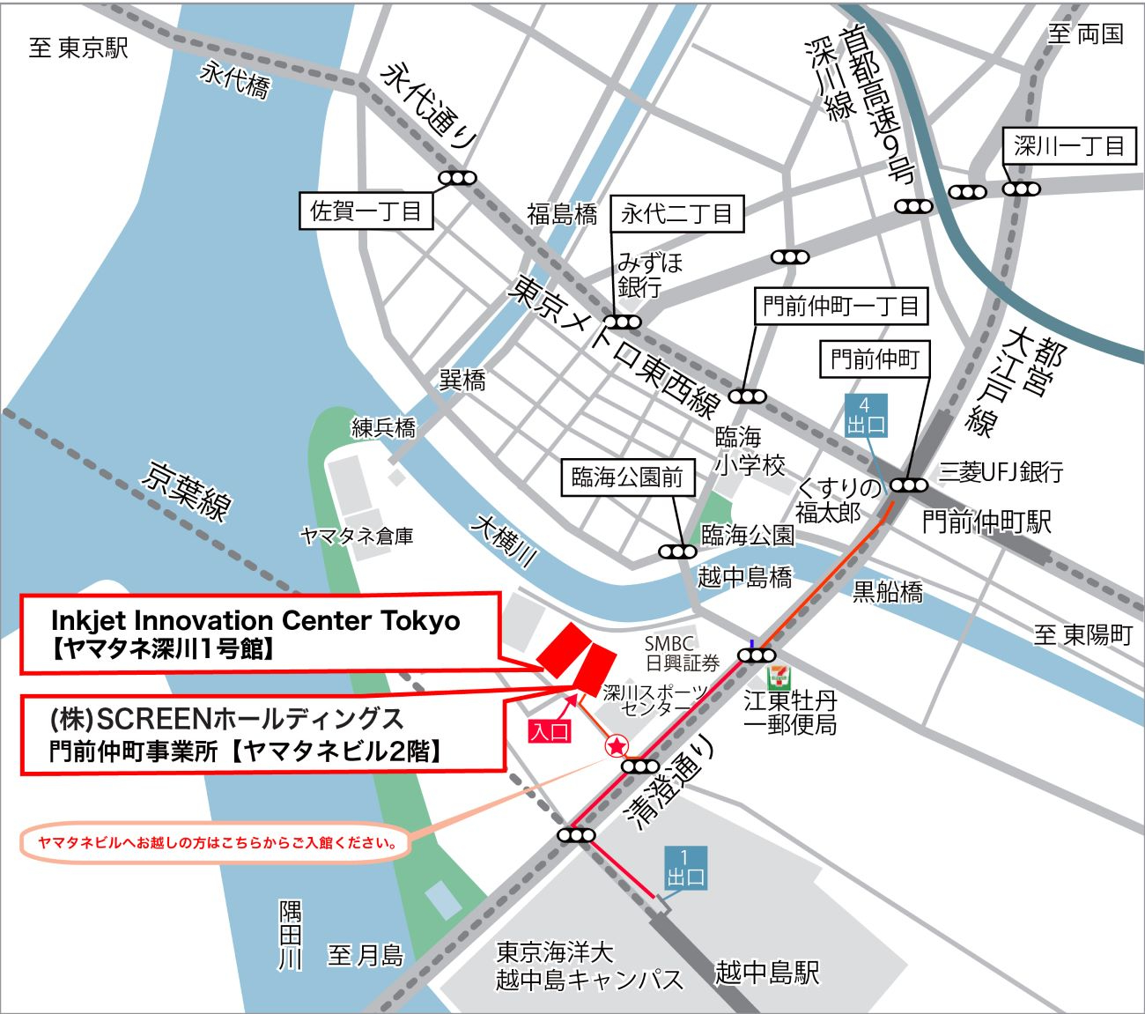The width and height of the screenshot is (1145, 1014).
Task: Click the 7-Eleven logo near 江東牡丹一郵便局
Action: pyautogui.click(x=778, y=677)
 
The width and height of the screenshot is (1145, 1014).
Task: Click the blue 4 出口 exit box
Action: pyautogui.click(x=865, y=416)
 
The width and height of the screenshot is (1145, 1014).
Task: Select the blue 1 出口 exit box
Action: pyautogui.click(x=684, y=868)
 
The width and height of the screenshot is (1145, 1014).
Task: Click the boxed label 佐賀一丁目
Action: pyautogui.click(x=366, y=211)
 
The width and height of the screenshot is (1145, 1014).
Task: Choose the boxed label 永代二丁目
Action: pyautogui.click(x=676, y=213)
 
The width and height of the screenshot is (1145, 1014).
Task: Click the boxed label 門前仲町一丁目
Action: pyautogui.click(x=840, y=307)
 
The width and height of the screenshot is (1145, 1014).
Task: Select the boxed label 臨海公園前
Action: pyautogui.click(x=627, y=477)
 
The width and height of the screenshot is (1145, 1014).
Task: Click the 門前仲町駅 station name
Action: pyautogui.click(x=986, y=522)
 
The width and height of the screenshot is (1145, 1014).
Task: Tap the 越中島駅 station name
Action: pyautogui.click(x=766, y=973)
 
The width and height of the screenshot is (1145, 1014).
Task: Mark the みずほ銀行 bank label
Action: pyautogui.click(x=649, y=274)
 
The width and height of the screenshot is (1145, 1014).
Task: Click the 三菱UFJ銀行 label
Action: pyautogui.click(x=1001, y=472)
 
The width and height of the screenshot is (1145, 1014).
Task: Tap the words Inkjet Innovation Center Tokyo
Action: pyautogui.click(x=255, y=620)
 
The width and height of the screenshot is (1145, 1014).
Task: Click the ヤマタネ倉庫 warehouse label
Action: pyautogui.click(x=357, y=536)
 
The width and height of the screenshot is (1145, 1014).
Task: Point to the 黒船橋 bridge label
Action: pyautogui.click(x=887, y=592)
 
